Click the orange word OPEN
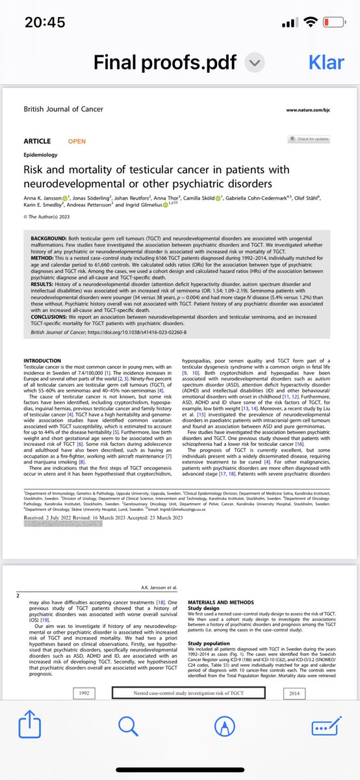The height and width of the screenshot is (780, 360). (77, 141)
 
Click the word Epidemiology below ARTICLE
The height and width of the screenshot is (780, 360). (40, 155)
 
